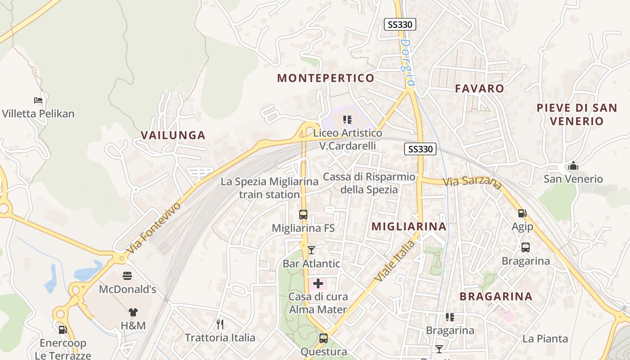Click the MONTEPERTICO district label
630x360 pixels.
(325, 78)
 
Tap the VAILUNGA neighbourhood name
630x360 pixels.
(173, 135)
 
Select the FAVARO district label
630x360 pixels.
(479, 88)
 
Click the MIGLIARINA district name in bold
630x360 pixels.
(409, 226)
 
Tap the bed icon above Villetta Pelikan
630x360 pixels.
(38, 100)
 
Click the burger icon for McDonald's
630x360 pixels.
(127, 275)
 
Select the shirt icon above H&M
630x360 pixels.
(133, 312)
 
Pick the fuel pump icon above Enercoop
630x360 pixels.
(63, 330)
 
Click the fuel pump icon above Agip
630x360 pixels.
(522, 213)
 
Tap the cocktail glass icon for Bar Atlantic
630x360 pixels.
(311, 250)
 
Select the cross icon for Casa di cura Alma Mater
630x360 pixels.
(318, 283)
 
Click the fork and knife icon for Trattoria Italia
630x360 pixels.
(220, 324)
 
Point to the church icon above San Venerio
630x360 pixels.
(573, 166)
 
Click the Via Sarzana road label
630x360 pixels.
(472, 182)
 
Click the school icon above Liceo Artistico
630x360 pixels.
(347, 120)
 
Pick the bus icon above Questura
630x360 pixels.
(323, 338)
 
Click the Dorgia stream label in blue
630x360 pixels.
(407, 63)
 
